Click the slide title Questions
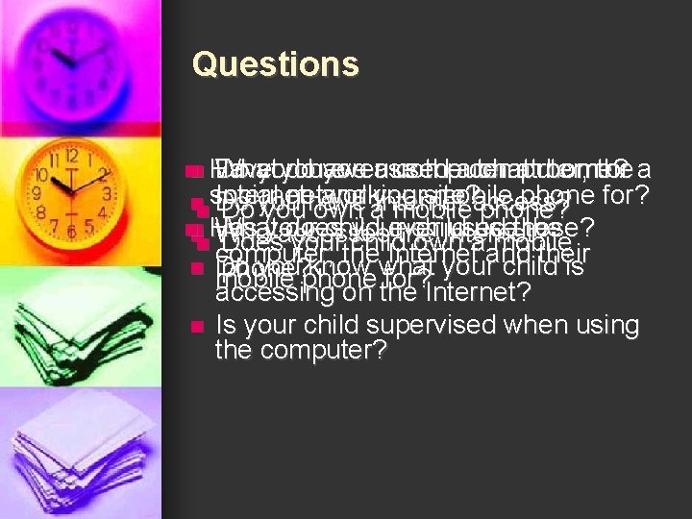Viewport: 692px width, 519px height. [x=275, y=64]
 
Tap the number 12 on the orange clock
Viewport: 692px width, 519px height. [x=70, y=155]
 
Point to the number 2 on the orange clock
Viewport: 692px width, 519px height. [x=104, y=174]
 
